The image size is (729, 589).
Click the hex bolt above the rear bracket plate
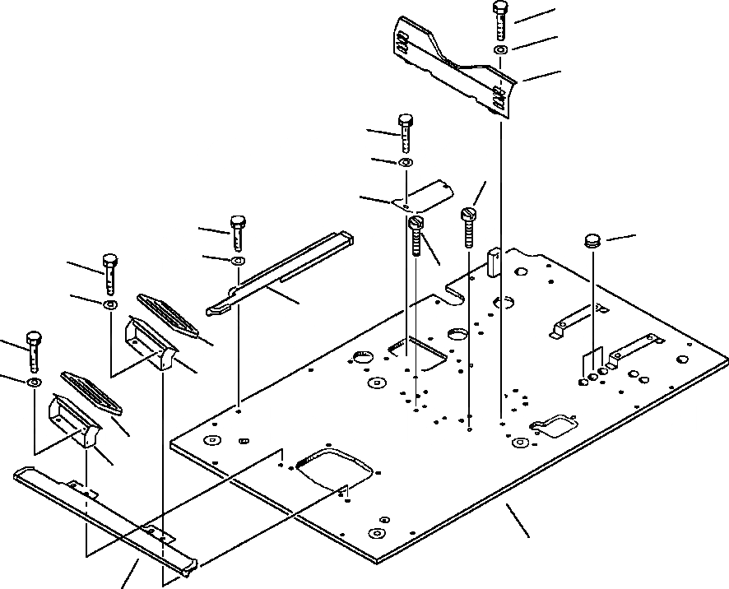(500, 21)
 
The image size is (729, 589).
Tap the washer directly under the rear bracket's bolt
(500, 51)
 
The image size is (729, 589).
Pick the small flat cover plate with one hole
(423, 197)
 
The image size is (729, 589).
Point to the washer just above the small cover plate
(405, 164)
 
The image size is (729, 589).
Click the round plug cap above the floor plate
(592, 240)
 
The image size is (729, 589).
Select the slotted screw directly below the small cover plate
(416, 234)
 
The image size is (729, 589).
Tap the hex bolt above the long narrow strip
(237, 233)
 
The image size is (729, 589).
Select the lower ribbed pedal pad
(91, 392)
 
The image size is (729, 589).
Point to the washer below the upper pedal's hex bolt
(109, 304)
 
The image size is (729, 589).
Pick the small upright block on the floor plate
(495, 261)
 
